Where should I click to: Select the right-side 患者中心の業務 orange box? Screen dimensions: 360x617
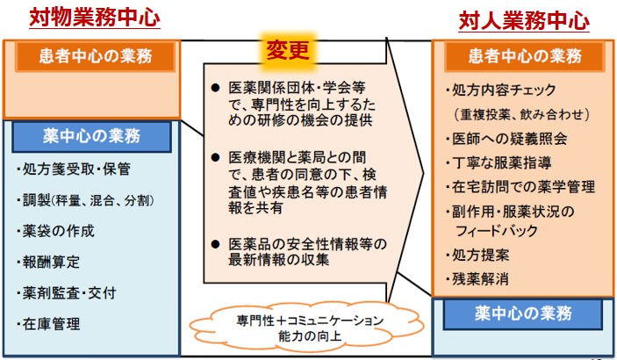pyautogui.click(x=524, y=57)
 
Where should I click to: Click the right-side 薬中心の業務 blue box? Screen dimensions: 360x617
pyautogui.click(x=524, y=313)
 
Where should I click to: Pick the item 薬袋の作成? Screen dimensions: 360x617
pyautogui.click(x=57, y=232)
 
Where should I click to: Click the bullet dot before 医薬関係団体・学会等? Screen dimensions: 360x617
pyautogui.click(x=215, y=89)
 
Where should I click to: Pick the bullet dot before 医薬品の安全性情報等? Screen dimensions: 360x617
pyautogui.click(x=215, y=242)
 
